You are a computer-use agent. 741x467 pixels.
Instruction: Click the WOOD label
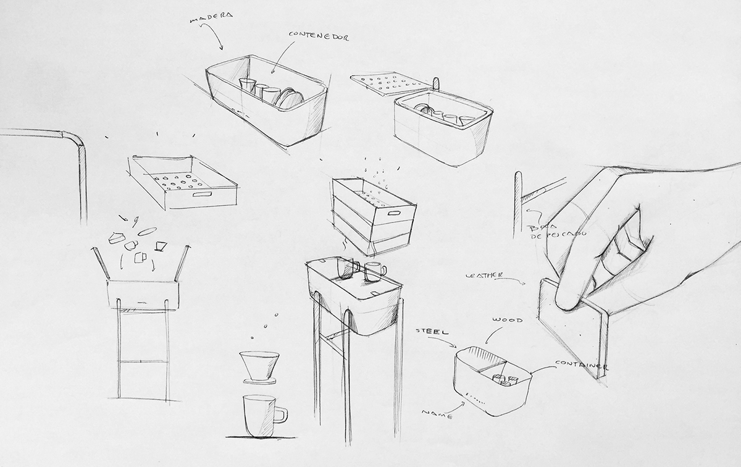(508, 320)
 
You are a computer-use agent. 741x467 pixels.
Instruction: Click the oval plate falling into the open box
(146, 231)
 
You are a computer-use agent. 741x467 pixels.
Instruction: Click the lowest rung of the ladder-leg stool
(143, 362)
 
